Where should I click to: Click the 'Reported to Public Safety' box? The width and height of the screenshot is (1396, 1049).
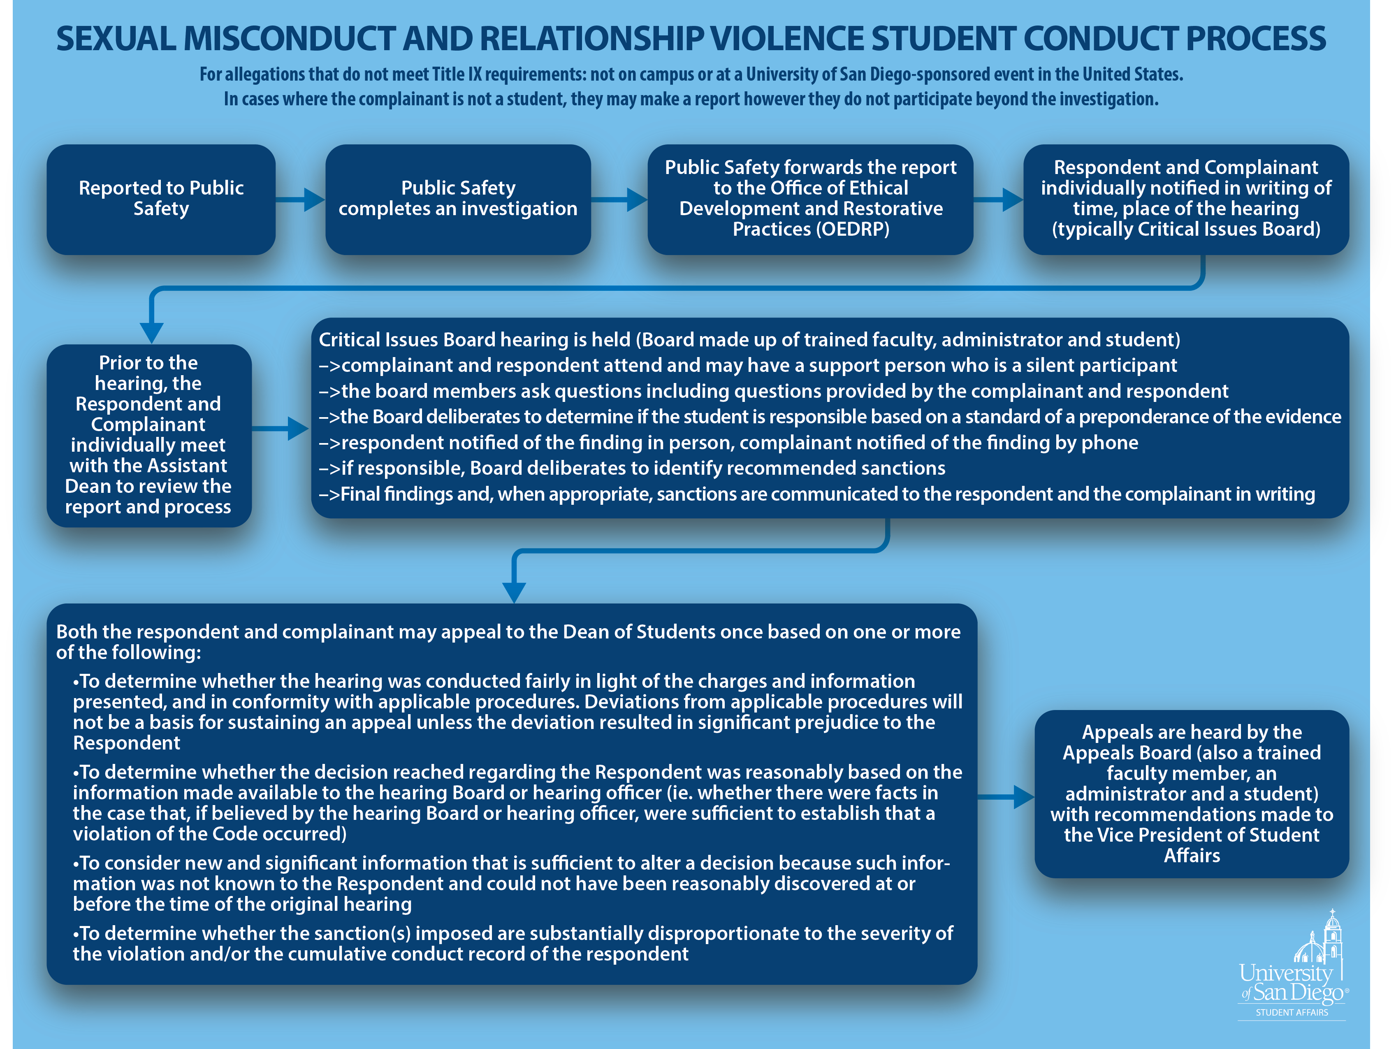coord(161,200)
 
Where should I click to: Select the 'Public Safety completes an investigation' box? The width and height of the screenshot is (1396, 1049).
coord(458,200)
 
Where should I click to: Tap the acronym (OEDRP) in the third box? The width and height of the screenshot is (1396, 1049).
coord(853,229)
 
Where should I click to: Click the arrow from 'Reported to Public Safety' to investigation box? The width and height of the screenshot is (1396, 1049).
coord(300,200)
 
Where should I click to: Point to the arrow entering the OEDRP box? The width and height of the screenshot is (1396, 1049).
coord(619,200)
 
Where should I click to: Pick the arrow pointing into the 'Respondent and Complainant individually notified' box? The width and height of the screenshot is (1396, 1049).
coord(998,200)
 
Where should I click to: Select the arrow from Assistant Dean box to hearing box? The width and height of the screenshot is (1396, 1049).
coord(280,429)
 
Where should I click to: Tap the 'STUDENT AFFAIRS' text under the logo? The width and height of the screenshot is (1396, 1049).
coord(1292,1012)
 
